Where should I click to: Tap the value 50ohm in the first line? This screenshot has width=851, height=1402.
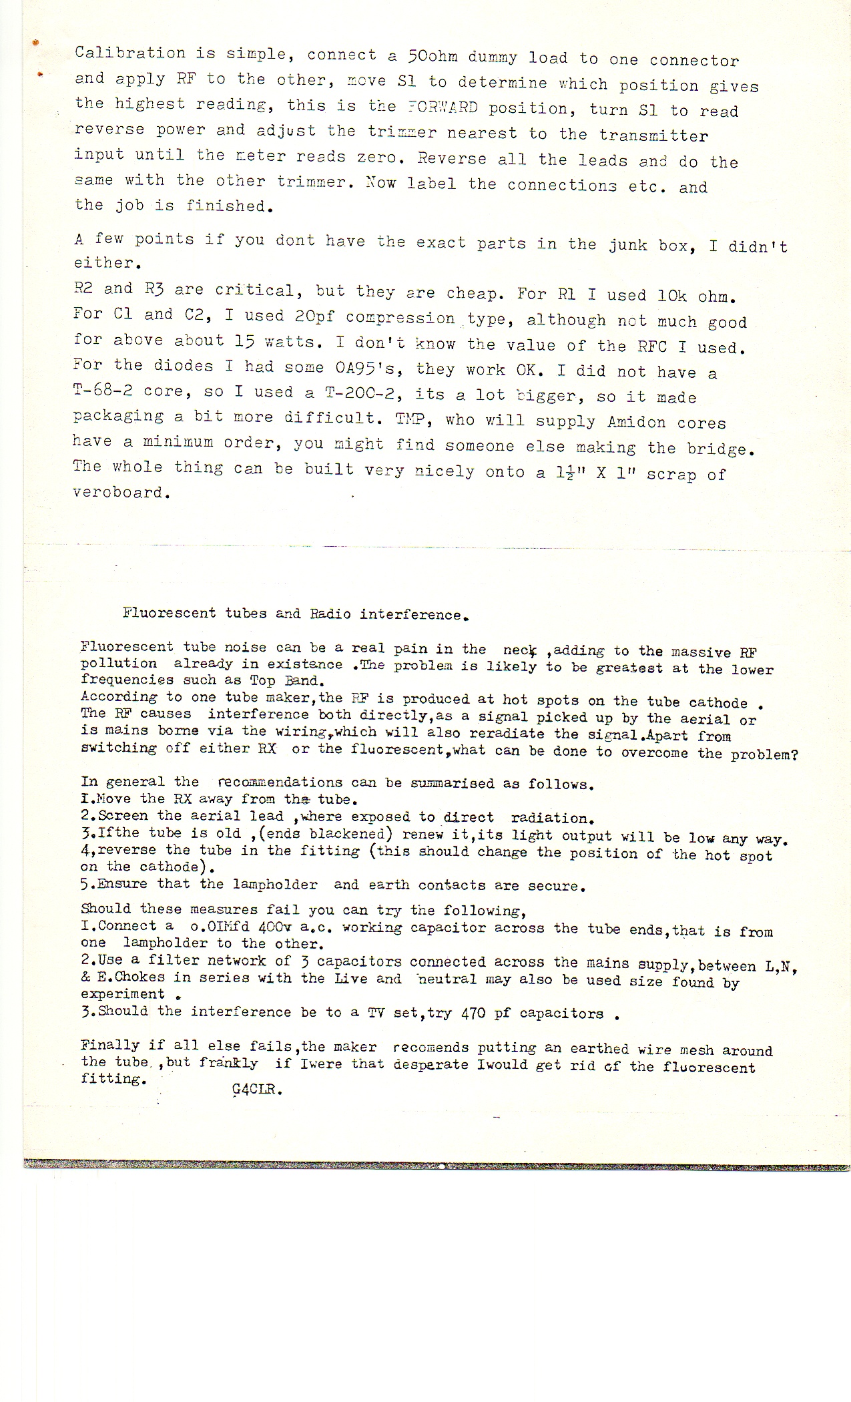433,56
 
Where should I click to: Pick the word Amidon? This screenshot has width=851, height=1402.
636,422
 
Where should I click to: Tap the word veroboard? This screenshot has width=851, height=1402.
118,493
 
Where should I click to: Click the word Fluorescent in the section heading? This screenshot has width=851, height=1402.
169,613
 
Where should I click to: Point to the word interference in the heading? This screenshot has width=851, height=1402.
410,614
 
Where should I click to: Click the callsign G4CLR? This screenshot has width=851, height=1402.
256,1090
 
